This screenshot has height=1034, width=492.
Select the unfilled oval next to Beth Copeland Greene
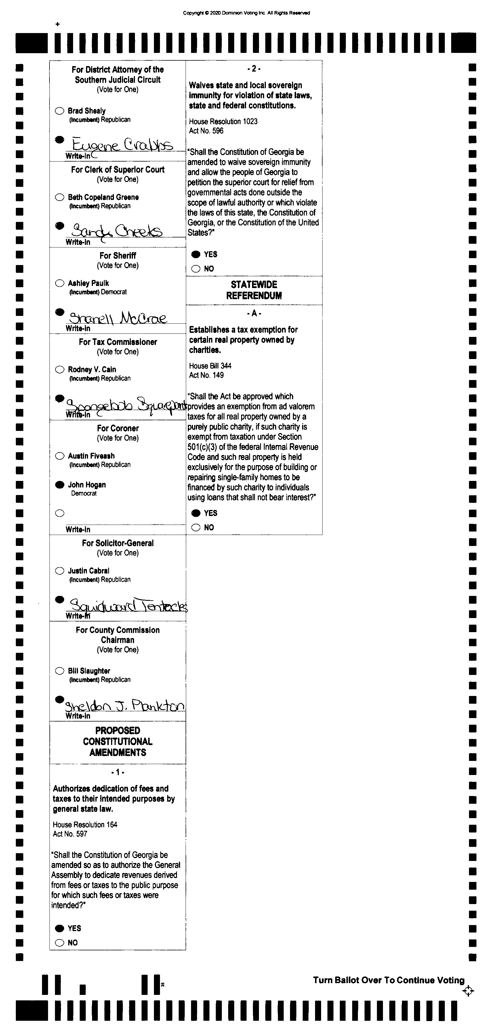pyautogui.click(x=60, y=197)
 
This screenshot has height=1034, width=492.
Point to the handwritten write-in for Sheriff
pyautogui.click(x=117, y=318)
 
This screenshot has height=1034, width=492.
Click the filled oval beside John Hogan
pyautogui.click(x=60, y=484)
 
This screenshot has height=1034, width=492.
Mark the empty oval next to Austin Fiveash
pyautogui.click(x=60, y=456)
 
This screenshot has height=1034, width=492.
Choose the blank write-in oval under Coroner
pyautogui.click(x=60, y=513)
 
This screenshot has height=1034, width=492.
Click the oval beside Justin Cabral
pyautogui.click(x=60, y=571)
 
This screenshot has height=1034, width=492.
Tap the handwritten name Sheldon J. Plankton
pyautogui.click(x=125, y=705)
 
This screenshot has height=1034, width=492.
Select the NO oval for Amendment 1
pyautogui.click(x=60, y=943)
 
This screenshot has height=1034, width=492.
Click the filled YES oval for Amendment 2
pyautogui.click(x=196, y=254)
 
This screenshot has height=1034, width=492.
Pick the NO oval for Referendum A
pyautogui.click(x=196, y=527)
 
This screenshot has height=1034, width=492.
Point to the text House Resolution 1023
pyautogui.click(x=223, y=121)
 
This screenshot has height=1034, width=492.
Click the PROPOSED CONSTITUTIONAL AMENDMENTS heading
pyautogui.click(x=118, y=741)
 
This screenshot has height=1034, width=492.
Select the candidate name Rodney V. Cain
pyautogui.click(x=92, y=369)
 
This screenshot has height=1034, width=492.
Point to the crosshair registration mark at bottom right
pyautogui.click(x=468, y=991)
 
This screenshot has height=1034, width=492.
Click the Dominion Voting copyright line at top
pyautogui.click(x=246, y=13)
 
